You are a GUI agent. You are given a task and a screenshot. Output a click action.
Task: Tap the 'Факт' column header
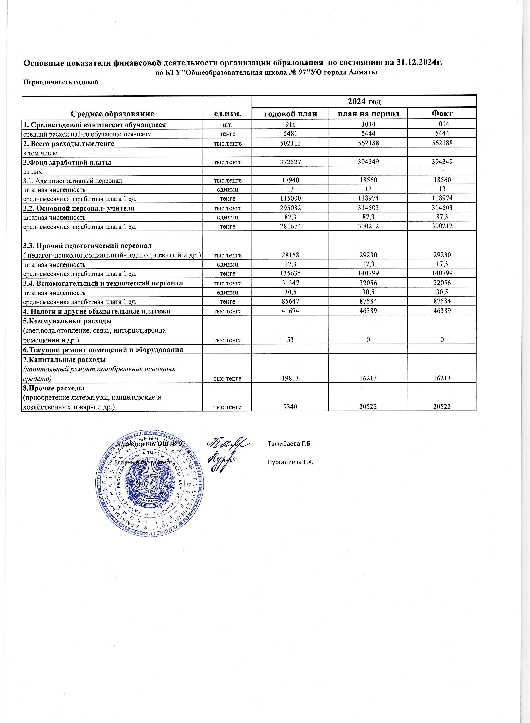coord(442,113)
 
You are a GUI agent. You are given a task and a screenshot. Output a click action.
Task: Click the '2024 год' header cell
coord(364,102)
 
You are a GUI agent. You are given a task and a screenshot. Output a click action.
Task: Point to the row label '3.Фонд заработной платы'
coord(67,162)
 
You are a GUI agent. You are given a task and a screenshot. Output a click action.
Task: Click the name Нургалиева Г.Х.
coord(290,462)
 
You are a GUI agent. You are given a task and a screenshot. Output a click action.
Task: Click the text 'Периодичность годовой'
coord(61,82)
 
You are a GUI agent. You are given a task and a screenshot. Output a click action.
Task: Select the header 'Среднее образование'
coord(112,113)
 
